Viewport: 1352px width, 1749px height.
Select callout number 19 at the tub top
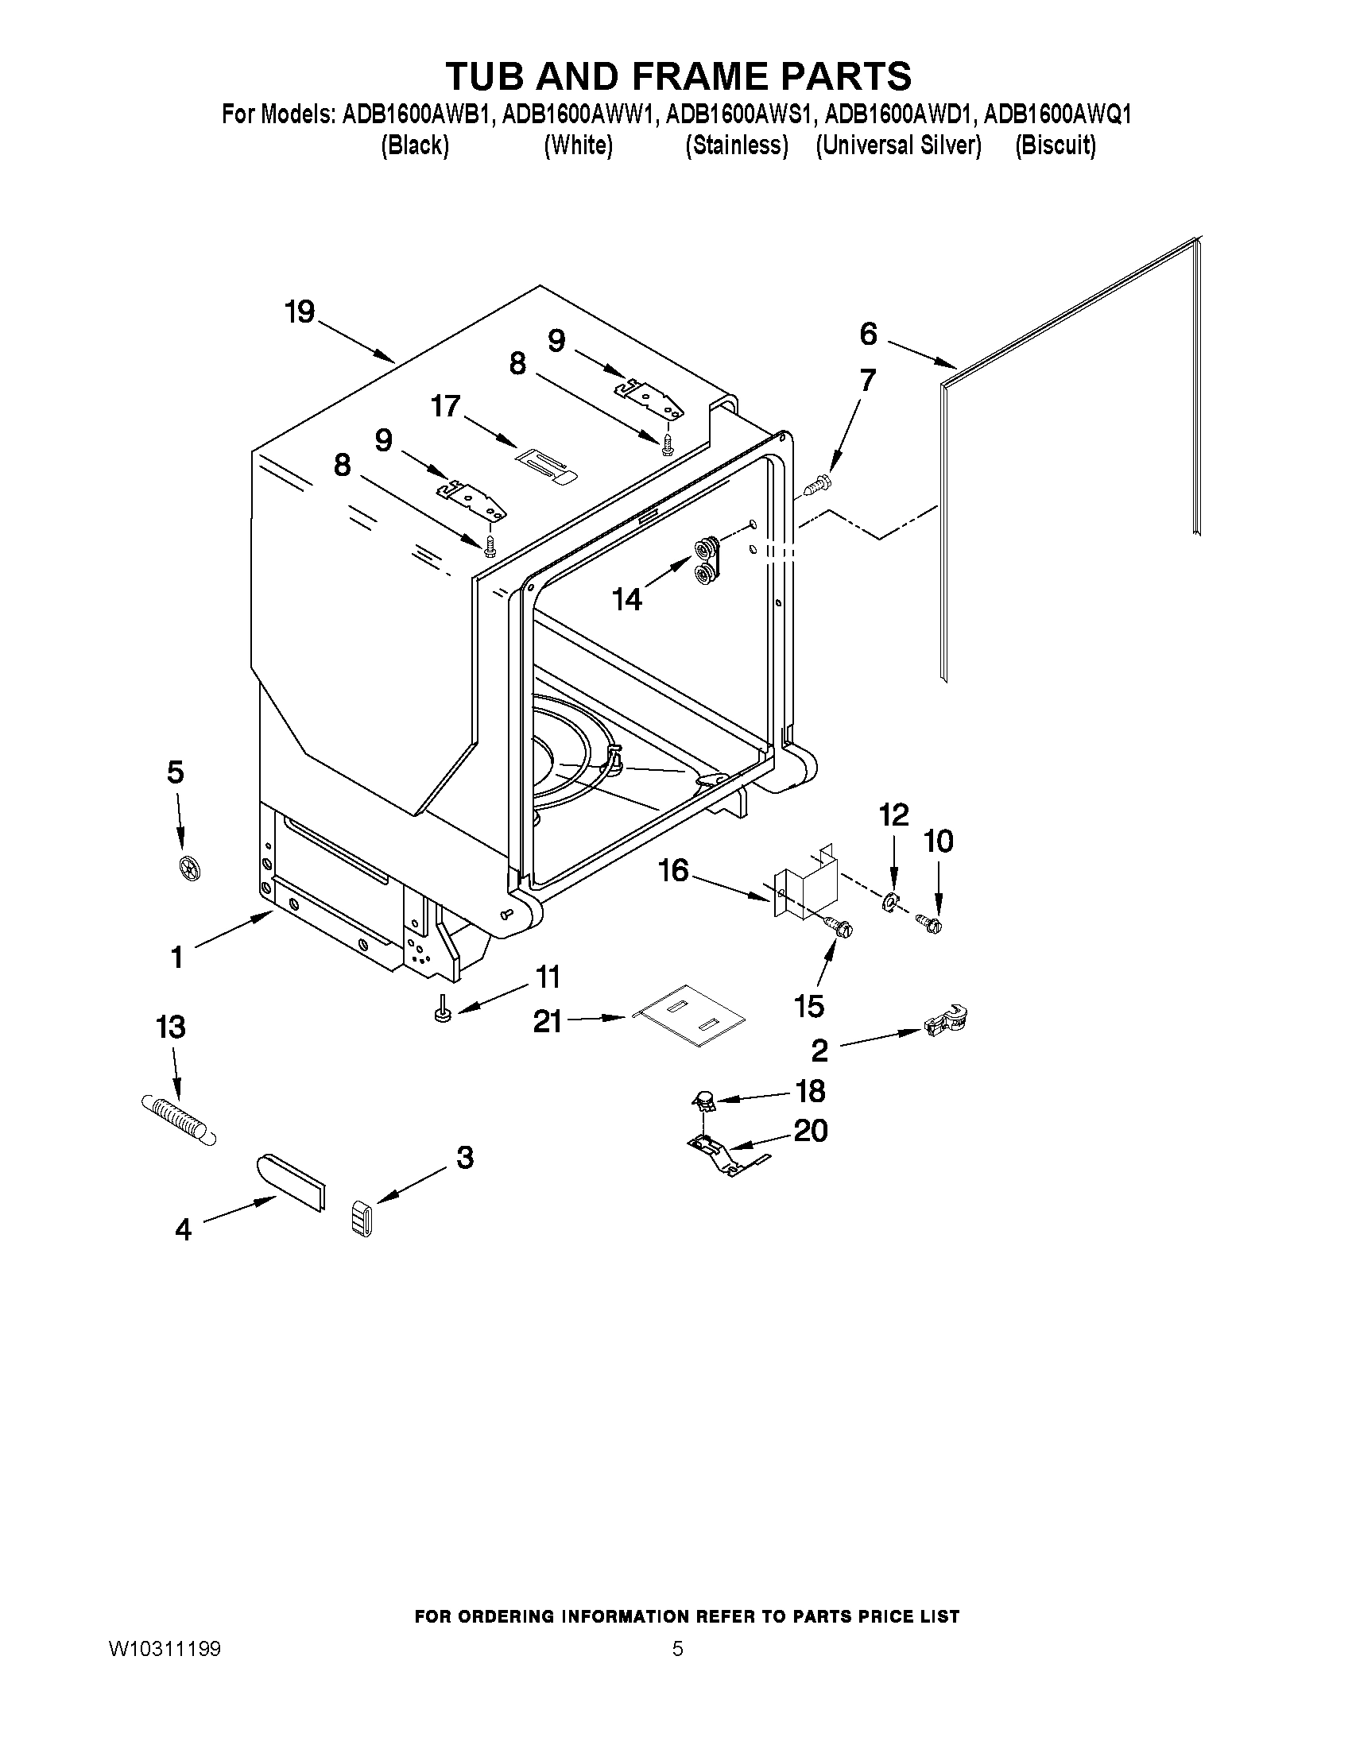pos(300,312)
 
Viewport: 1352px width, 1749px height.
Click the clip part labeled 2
pos(946,1022)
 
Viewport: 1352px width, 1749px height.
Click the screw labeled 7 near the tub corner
pos(818,483)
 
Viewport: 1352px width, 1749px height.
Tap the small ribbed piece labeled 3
pos(362,1219)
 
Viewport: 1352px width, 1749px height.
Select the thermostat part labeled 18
pos(703,1103)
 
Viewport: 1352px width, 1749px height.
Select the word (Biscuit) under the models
pos(1055,145)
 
